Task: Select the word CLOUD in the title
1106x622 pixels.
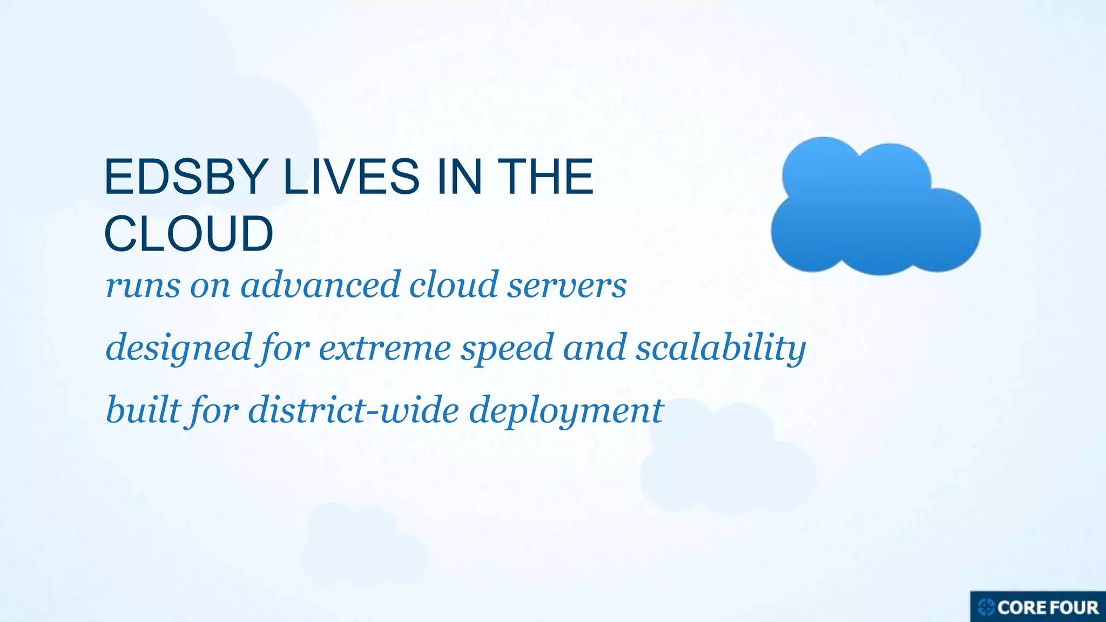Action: point(188,234)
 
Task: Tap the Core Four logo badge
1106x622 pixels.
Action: point(1038,607)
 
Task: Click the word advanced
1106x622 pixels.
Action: point(320,285)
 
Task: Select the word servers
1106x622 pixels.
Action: point(567,285)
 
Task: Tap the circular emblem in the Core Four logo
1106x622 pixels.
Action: point(986,607)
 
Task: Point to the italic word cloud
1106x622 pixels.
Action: point(454,285)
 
